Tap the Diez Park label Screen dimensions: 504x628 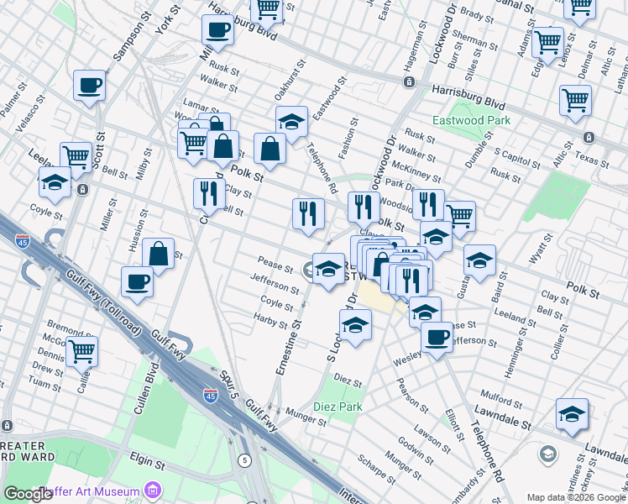336,407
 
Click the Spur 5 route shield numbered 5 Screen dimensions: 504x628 243,459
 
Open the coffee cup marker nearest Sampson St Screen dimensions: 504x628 89,86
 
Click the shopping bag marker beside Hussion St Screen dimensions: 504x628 158,255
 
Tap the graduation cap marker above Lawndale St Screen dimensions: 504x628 572,414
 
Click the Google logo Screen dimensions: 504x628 29,494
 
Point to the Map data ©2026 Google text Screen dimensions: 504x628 575,497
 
